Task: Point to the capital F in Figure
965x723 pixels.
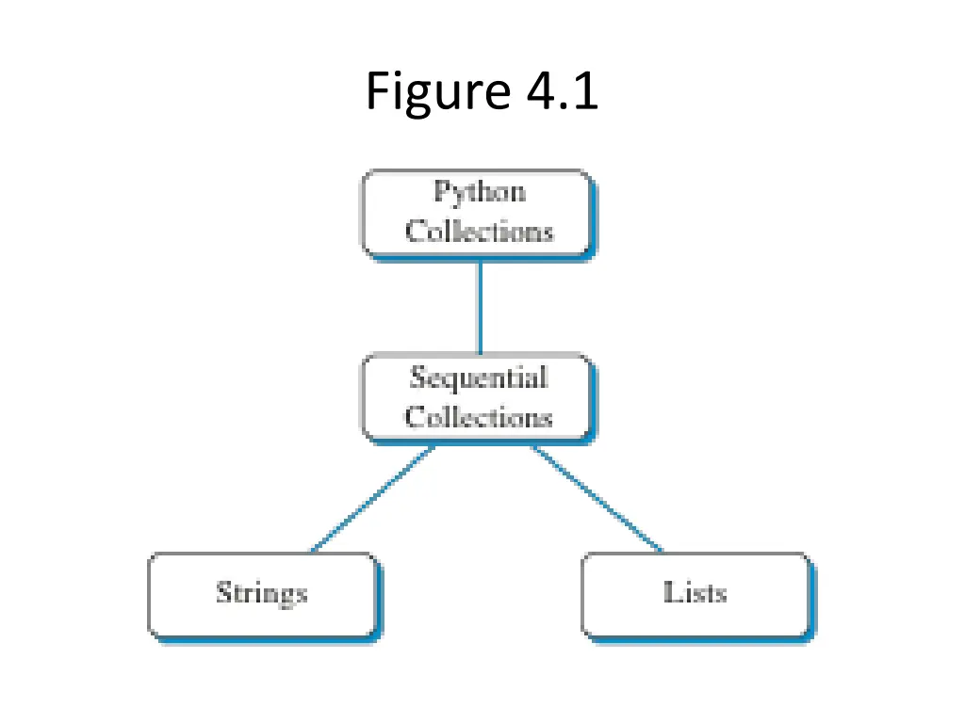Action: point(378,92)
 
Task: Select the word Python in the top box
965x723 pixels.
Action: point(479,193)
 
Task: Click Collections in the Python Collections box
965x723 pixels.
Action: point(479,232)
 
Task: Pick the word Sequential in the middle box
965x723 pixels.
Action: point(479,378)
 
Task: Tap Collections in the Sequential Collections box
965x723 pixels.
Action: point(479,417)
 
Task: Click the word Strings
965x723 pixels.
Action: point(261,594)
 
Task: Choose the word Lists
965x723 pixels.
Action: point(695,593)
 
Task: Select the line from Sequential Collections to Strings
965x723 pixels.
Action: point(372,499)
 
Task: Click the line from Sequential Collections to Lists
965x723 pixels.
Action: point(596,498)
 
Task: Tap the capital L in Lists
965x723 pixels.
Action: point(670,592)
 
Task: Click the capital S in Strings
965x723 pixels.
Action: point(223,593)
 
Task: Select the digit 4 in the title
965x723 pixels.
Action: point(538,92)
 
